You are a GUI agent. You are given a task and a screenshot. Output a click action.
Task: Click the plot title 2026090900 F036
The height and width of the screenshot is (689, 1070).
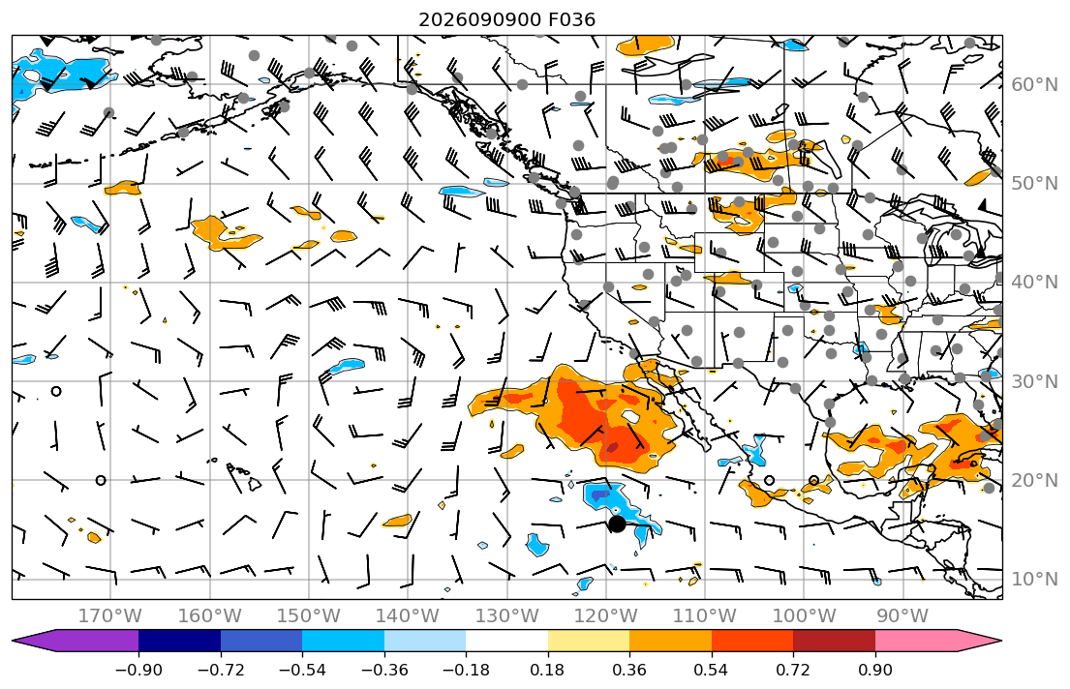pos(506,19)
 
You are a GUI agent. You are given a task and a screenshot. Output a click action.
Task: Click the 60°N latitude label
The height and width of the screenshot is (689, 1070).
pos(1034,84)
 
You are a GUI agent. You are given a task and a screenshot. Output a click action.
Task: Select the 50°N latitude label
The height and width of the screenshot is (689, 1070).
pos(1034,184)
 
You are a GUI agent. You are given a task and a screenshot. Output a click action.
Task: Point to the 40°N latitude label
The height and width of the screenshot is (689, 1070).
pos(1034,282)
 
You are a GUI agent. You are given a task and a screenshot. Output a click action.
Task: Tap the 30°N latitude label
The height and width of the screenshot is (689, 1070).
pos(1034,381)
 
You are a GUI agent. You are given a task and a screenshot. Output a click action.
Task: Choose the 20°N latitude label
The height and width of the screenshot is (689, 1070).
pos(1034,480)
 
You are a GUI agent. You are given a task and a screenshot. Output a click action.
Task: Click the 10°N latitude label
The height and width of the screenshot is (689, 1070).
pos(1034,580)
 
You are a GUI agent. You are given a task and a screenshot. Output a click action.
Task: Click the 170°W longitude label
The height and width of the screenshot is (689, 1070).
pos(110,616)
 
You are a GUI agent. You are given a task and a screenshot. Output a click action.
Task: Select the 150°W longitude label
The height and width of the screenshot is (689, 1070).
pos(309,616)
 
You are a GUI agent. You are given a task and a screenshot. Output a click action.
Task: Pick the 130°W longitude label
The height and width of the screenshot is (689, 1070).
pos(507,616)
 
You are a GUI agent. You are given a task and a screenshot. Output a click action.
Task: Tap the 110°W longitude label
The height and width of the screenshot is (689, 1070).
pos(705,616)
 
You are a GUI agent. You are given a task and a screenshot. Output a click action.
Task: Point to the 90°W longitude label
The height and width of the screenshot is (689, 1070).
pos(902,616)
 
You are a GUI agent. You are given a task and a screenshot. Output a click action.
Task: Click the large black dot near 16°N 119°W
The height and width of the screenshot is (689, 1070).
pos(617,524)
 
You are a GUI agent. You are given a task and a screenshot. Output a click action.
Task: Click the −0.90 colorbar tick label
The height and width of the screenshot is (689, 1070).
pos(138,670)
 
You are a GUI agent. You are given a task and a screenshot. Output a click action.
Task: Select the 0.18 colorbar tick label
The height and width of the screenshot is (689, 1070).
pos(547,670)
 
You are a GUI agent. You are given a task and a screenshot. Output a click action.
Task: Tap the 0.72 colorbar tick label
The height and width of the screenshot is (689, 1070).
pos(793,670)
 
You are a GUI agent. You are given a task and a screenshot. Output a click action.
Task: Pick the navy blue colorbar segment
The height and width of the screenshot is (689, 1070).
pos(179,641)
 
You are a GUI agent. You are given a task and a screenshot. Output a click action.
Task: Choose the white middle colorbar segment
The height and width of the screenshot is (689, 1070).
pos(506,641)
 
